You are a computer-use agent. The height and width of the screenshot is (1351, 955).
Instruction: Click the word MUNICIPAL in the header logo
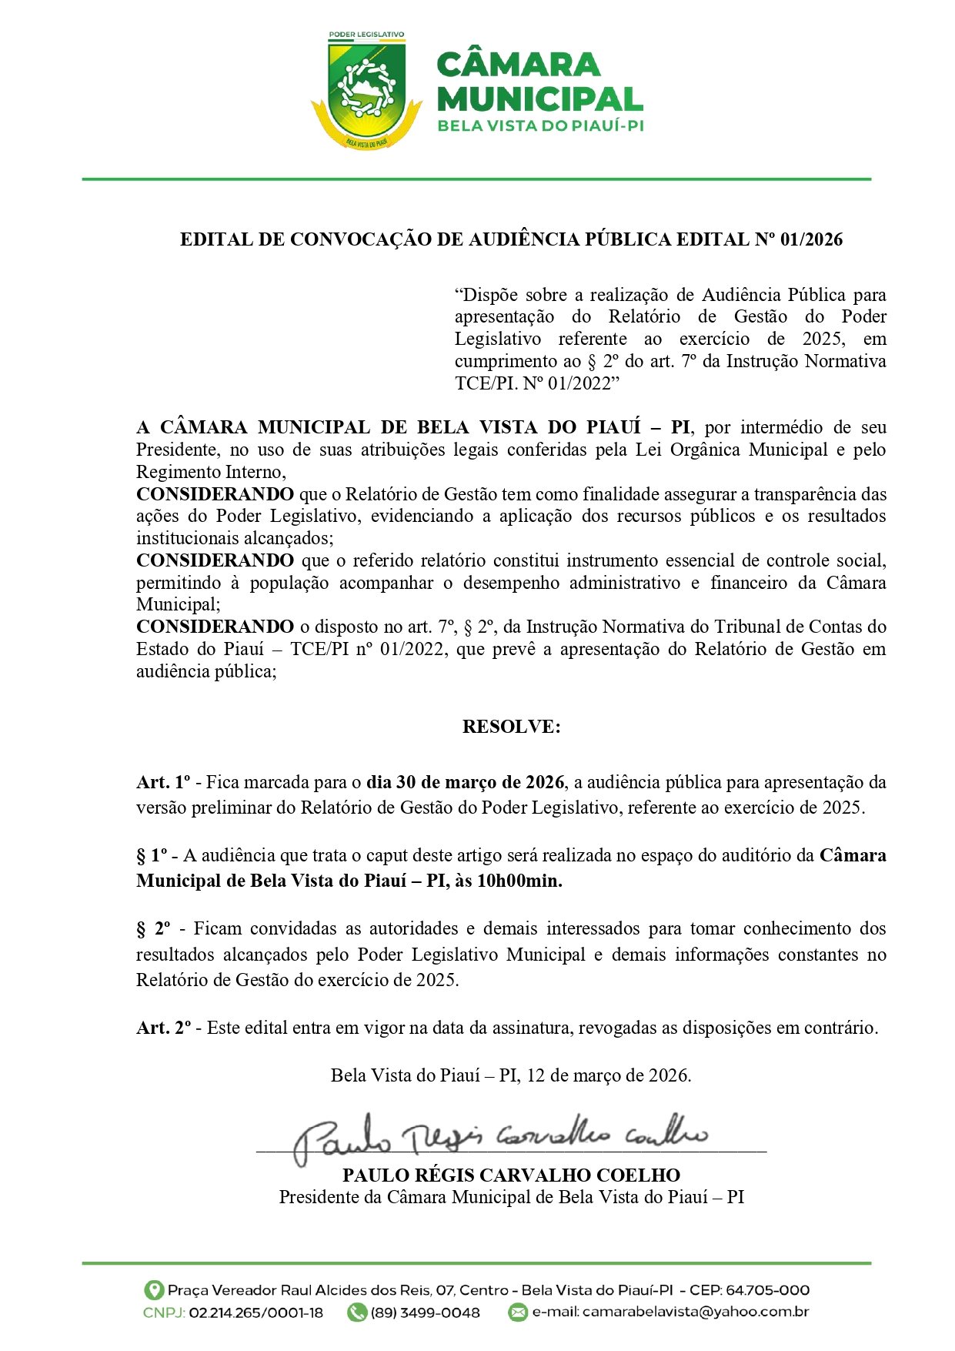[x=539, y=99]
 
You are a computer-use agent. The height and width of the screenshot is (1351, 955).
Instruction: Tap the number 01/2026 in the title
[x=811, y=239]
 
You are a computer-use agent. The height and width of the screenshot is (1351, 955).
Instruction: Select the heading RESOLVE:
[x=511, y=727]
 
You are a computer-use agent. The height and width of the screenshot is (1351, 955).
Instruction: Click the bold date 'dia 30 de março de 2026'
[x=466, y=782]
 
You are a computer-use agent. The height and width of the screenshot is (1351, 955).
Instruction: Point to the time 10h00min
[x=519, y=881]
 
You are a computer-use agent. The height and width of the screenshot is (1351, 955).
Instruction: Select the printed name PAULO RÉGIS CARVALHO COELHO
[x=511, y=1175]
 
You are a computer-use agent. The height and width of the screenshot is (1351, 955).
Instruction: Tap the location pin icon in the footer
[x=154, y=1290]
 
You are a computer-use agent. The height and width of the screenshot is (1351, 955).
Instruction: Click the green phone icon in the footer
[x=356, y=1313]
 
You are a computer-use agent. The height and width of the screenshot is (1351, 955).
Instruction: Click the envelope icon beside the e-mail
[x=519, y=1313]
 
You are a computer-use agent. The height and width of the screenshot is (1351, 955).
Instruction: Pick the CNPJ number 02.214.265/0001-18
[x=255, y=1313]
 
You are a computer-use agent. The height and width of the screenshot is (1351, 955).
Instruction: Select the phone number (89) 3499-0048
[x=425, y=1313]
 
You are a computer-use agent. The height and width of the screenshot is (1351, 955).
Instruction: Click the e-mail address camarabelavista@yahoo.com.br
[x=695, y=1312]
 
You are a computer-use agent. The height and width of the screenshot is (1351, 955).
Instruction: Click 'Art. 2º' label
[x=164, y=1028]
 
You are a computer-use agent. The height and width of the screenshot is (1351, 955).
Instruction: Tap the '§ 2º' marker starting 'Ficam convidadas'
[x=153, y=929]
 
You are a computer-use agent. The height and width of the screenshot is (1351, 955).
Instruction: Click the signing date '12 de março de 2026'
[x=608, y=1075]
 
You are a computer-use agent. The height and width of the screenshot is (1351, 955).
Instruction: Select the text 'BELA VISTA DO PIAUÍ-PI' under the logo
[x=540, y=125]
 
